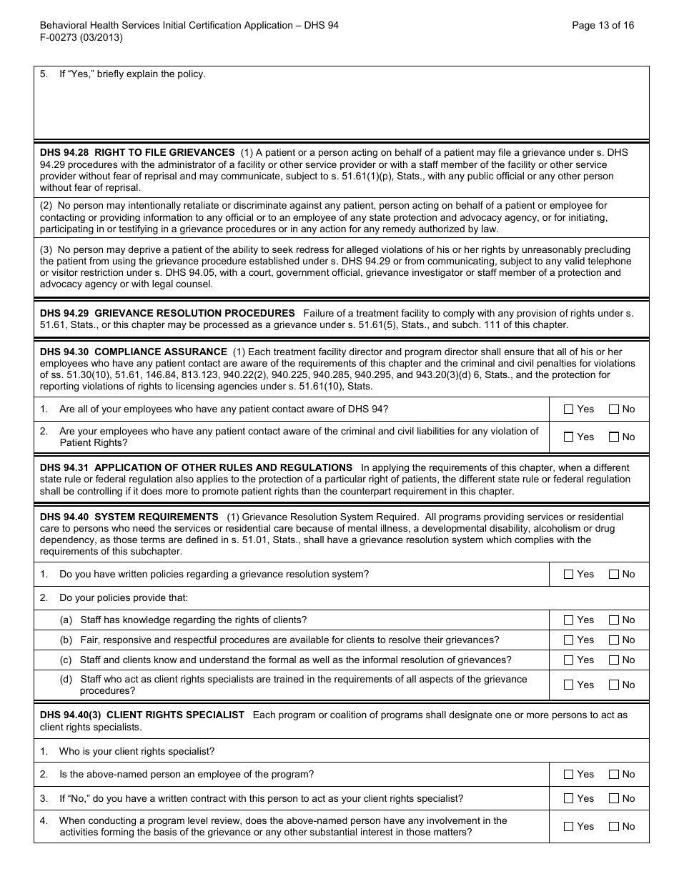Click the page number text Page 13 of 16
coord(603,25)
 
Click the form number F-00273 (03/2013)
coord(81,38)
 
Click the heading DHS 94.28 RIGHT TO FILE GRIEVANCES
coord(137,152)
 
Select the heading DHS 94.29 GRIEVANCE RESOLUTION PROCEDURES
coord(167,313)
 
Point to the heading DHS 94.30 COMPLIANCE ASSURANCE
coord(133,352)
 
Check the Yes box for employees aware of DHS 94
coord(569,409)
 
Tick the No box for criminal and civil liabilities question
coord(614,437)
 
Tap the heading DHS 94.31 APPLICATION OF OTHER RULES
coord(196,467)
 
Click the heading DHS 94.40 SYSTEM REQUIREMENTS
coord(129,517)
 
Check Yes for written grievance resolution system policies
coord(569,574)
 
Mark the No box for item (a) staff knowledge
coord(614,620)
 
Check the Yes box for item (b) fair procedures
coord(569,640)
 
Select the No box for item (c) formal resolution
coord(614,660)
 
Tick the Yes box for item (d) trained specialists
coord(569,685)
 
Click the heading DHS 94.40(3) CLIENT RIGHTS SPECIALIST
coord(142,715)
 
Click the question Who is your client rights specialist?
coord(137,751)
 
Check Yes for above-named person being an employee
coord(569,774)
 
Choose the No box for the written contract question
coord(614,798)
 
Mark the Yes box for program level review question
coord(569,827)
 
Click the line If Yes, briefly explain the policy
coord(132,74)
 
